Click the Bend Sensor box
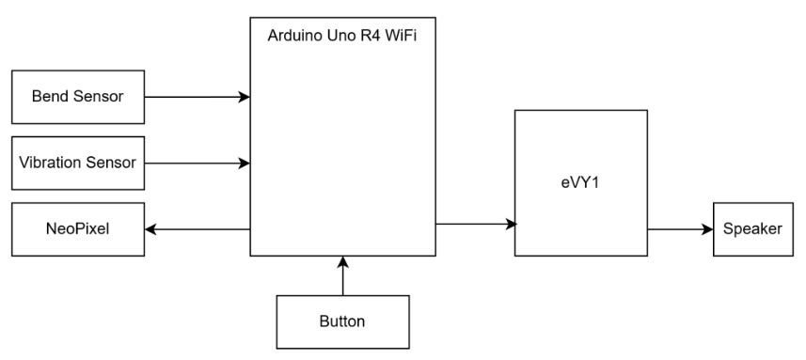point(78,97)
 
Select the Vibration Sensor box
point(78,164)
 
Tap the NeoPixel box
point(78,229)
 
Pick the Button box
point(343,322)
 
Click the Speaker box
point(753,229)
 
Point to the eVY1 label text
point(580,183)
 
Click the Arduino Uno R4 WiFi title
point(341,36)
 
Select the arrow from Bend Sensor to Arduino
point(198,97)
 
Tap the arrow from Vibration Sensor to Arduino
point(198,164)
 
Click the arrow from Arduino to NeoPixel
point(198,229)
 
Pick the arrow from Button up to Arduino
point(343,275)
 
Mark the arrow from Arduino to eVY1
point(476,224)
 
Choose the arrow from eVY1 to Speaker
point(680,229)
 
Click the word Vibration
point(51,163)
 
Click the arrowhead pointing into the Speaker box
point(707,229)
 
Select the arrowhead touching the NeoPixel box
point(150,229)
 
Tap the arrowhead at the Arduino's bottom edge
point(343,262)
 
